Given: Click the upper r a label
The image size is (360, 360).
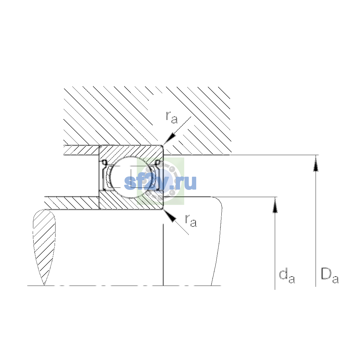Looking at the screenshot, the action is (172, 118).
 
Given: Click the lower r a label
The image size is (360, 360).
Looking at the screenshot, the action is (191, 221).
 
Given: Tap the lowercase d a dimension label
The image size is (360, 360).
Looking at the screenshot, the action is (287, 277).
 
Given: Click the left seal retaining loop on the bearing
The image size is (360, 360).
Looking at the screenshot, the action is (104, 162).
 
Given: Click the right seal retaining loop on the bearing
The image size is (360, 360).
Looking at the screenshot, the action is (158, 162).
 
